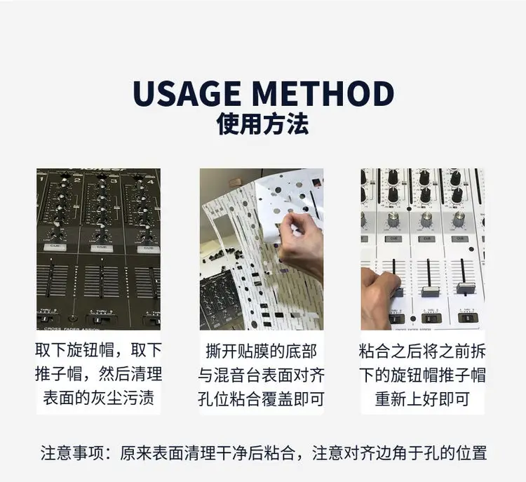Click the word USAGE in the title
pos(187,93)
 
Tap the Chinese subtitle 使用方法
pos(263,124)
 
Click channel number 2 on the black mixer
pos(77,180)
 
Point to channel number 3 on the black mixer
pos(114,181)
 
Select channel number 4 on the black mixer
pos(150,182)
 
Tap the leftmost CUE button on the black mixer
pos(55,247)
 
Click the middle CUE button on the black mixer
pos(102,248)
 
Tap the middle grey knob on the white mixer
pos(426,219)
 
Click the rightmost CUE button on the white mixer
pos(459,239)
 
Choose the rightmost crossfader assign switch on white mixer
pos(468,317)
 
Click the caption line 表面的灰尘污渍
pos(99,398)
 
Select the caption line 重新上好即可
pos(422,399)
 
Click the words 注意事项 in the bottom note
pos(72,453)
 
